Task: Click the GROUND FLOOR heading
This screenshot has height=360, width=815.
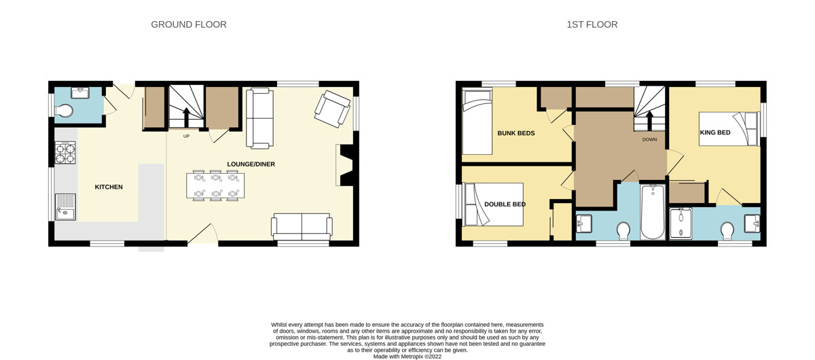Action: pos(189,24)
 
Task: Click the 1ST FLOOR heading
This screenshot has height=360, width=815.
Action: pos(592,24)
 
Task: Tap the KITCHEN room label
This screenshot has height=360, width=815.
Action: pos(109,187)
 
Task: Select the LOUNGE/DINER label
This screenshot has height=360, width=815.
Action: pos(251,164)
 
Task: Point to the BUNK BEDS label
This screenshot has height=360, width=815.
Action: pos(516,133)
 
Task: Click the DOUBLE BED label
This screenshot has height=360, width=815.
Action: pos(505,204)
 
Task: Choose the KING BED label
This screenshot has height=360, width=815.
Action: pos(715,132)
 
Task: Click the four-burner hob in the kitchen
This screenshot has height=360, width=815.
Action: pos(65,153)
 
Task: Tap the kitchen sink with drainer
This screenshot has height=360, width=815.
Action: pos(65,207)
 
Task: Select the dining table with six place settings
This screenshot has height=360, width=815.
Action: pos(215,185)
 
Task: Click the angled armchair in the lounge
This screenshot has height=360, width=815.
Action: pos(332,109)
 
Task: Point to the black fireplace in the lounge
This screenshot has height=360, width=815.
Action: pos(346,165)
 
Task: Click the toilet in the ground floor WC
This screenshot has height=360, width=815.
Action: pos(64,111)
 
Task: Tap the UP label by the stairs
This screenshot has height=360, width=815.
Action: pos(186,136)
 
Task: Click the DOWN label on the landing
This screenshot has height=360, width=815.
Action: pos(649,139)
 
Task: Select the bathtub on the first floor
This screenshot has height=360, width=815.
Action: pos(653,212)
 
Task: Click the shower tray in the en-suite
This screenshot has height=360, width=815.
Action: pos(681,223)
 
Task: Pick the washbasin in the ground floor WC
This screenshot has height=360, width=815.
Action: pos(81,92)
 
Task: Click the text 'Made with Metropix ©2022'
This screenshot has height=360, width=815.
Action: pos(407,357)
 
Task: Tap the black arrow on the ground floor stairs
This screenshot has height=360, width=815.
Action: pos(185,118)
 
